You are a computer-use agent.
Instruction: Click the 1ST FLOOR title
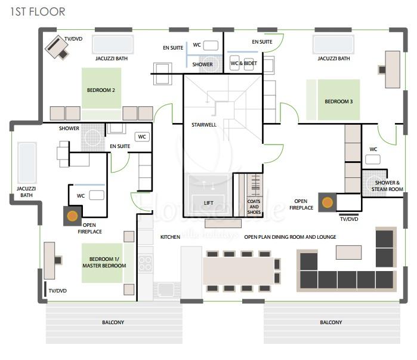(38, 12)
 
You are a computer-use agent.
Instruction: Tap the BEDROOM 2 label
(101, 90)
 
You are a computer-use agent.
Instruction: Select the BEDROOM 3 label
(338, 101)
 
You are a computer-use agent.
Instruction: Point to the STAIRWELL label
(204, 125)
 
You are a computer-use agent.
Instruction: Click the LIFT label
(209, 203)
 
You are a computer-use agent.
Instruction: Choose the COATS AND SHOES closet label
(254, 207)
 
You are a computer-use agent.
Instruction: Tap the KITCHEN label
(170, 237)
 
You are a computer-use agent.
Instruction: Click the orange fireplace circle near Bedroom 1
(72, 216)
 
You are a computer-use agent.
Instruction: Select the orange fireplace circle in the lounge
(327, 203)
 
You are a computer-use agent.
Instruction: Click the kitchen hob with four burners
(145, 263)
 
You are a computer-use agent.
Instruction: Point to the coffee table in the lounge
(348, 253)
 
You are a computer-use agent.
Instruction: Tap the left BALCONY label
(113, 322)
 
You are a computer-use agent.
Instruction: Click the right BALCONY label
(331, 322)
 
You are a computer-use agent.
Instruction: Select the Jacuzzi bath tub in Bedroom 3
(333, 44)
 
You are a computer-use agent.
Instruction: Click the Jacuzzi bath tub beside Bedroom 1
(27, 163)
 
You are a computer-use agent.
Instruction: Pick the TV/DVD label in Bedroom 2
(73, 39)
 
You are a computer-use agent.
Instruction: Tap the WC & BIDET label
(243, 63)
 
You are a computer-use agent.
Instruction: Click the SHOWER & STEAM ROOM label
(387, 186)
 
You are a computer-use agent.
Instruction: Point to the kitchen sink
(166, 289)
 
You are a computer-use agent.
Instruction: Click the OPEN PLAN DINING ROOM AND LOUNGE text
(290, 237)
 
